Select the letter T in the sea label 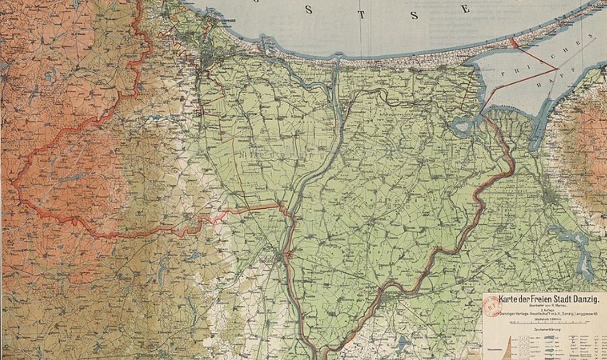click(360, 14)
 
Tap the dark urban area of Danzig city click(208, 61)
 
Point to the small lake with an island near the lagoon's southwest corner click(461, 126)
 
